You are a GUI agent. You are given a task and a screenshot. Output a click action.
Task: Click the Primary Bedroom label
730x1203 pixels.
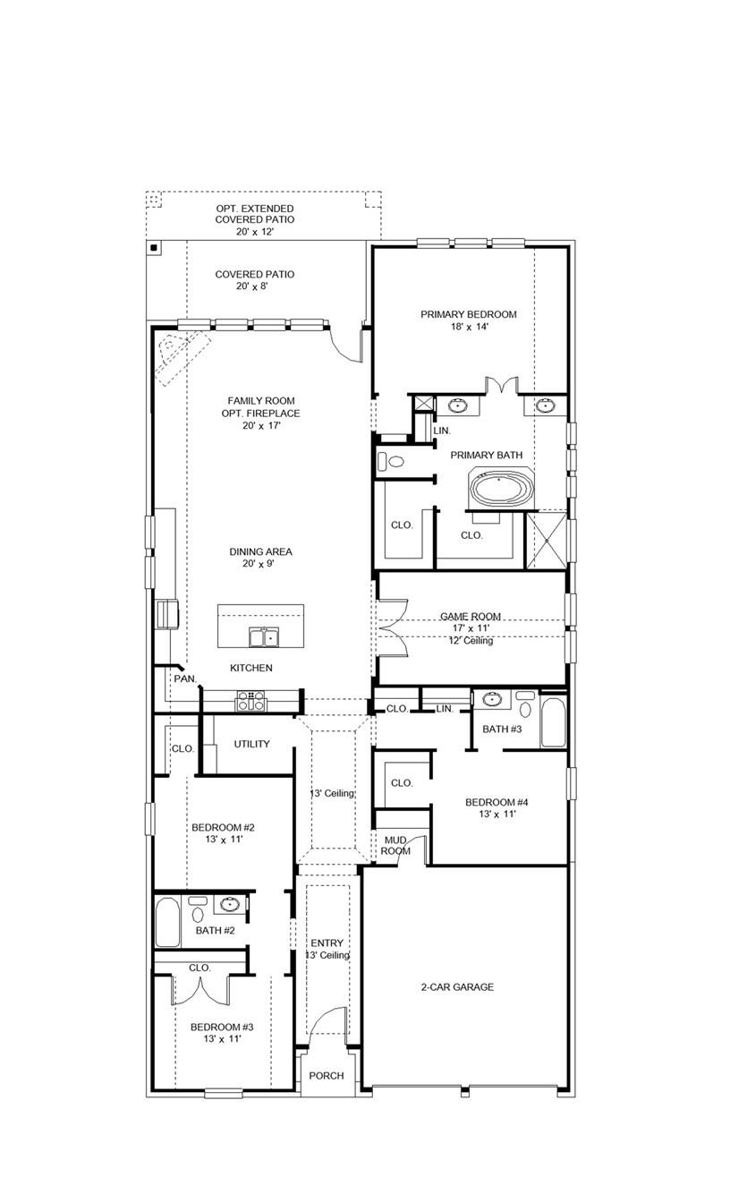[469, 314]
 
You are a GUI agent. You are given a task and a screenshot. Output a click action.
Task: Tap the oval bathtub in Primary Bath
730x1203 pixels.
[501, 490]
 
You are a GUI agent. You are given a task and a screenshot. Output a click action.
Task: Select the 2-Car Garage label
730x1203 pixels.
[457, 987]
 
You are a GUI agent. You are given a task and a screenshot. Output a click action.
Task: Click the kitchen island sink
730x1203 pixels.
[262, 637]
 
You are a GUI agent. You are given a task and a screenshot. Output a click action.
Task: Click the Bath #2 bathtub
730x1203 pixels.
[167, 922]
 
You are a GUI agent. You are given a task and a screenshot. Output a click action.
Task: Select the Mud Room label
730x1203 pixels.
[396, 845]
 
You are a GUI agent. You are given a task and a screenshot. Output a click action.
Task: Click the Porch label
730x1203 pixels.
[326, 1075]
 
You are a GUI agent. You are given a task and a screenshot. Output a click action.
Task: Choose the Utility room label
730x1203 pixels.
[251, 744]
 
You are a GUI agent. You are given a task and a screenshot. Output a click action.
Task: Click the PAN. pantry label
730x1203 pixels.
[185, 679]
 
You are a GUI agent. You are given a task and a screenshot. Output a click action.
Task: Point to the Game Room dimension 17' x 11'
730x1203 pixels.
[470, 628]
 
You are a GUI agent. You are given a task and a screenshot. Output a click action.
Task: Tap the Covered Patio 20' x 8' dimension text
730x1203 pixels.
[254, 287]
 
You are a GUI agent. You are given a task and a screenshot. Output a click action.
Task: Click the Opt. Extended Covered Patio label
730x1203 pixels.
[254, 214]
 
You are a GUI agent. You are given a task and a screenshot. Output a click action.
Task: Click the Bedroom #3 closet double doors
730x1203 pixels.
[201, 990]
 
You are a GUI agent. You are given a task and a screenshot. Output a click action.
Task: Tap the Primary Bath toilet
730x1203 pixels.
[390, 463]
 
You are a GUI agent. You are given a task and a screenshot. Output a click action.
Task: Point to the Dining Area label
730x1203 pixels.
[260, 552]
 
